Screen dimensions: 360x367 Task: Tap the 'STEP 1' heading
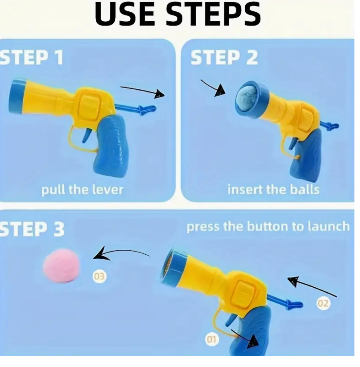point(32,57)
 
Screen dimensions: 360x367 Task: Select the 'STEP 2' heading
point(224,57)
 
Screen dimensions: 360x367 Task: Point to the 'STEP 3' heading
point(32,229)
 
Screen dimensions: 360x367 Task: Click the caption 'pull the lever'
point(82,190)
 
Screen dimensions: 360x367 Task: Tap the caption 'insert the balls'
point(273,190)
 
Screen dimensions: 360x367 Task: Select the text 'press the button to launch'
point(268,227)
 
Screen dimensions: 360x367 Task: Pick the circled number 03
point(99,277)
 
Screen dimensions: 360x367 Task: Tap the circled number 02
point(323,303)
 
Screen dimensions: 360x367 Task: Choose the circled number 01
point(212,339)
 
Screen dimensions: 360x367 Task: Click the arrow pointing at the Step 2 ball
point(213,88)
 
